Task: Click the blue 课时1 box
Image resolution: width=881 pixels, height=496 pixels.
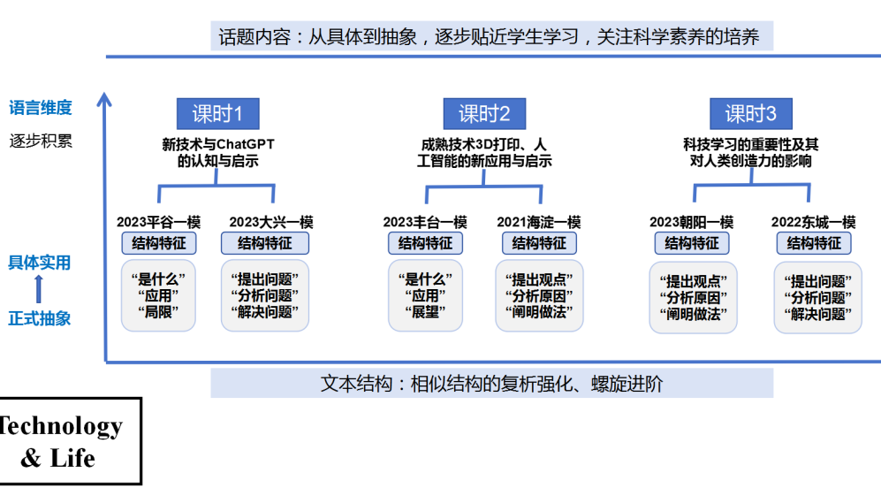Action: coord(218,113)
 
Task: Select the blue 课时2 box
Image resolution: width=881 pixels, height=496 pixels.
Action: coord(484,113)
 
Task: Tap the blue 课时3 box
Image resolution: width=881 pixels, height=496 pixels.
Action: coord(750,113)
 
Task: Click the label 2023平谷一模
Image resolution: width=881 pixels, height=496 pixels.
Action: coord(158,222)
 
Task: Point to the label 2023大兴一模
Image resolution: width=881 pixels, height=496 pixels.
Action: coord(270,222)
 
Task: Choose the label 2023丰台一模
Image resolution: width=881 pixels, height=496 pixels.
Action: coord(425,222)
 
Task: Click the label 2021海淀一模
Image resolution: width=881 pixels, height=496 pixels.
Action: coord(539,222)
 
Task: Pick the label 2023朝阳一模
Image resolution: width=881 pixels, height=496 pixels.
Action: coord(692,222)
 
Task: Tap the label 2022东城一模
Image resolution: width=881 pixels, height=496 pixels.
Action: coord(813,222)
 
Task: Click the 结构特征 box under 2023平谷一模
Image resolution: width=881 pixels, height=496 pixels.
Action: coord(159,243)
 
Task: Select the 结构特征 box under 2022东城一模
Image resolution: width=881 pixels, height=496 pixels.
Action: coord(814,243)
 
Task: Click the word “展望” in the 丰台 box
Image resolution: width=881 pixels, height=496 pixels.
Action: coord(425,311)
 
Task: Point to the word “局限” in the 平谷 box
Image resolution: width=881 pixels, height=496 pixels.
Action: coord(158,311)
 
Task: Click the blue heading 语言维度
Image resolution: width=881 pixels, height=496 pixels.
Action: coord(41,107)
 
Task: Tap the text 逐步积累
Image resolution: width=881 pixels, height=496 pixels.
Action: coord(41,141)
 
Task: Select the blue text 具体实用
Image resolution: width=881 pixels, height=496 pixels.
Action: coord(40,263)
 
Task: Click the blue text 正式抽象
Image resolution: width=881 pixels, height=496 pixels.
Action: coord(40,319)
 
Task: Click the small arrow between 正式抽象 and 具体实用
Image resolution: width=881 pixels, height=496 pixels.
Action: coord(39,289)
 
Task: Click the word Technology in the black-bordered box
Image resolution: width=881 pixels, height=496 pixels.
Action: coord(61,426)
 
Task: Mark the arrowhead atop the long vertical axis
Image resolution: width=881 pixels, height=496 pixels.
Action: coord(104,99)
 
